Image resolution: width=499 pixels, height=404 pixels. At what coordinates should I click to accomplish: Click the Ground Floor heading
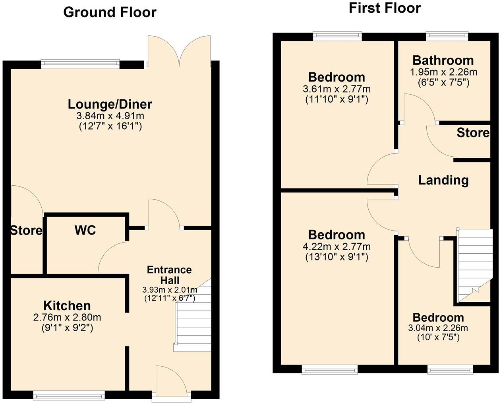(110, 12)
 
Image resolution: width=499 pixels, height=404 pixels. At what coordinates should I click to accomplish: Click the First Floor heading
(384, 8)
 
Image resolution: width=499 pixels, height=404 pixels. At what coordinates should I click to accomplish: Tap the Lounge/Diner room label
(110, 104)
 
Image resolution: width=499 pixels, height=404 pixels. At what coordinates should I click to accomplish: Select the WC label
(85, 230)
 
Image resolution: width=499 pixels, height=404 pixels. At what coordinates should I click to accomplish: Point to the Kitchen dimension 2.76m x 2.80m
(67, 318)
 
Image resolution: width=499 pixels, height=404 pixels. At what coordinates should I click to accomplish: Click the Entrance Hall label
(169, 275)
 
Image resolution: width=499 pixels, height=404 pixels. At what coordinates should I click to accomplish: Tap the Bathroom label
(443, 60)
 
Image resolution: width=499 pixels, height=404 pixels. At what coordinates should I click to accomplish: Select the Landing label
(443, 180)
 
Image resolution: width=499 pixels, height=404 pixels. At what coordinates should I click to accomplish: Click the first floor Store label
(473, 133)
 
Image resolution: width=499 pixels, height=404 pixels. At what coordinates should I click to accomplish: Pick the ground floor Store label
(26, 231)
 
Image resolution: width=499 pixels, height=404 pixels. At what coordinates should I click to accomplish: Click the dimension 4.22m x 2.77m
(337, 247)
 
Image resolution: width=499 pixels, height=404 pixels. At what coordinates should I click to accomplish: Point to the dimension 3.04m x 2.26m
(438, 328)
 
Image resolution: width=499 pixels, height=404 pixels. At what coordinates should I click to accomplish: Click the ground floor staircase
(193, 318)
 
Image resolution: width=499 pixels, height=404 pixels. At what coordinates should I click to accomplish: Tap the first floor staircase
(472, 264)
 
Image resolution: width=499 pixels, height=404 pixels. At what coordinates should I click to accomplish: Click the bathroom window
(447, 36)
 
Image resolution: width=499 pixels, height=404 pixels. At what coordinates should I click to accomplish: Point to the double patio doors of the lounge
(179, 52)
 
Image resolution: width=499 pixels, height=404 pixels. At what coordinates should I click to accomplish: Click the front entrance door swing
(170, 380)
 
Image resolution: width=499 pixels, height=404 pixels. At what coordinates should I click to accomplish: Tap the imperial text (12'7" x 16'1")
(110, 126)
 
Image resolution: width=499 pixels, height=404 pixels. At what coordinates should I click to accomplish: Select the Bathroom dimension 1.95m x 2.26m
(443, 72)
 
